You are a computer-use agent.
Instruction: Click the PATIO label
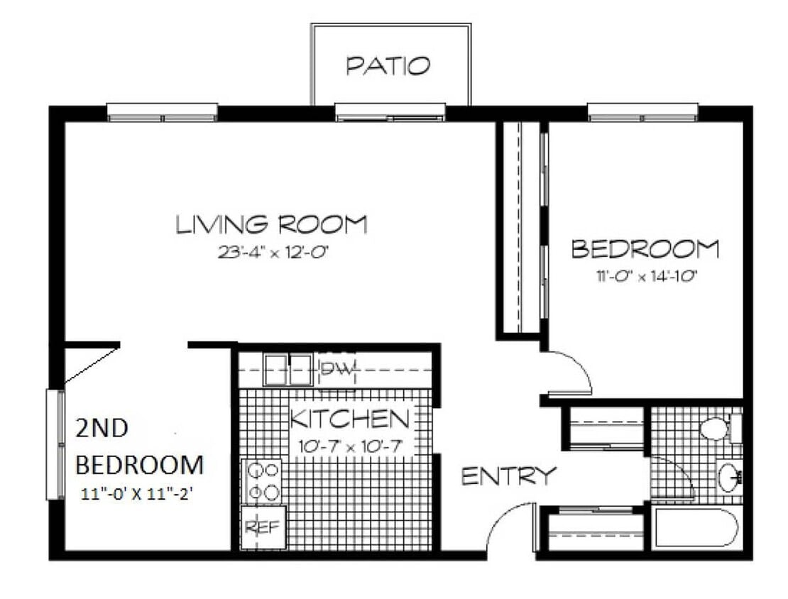388,66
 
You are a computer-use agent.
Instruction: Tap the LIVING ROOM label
272,224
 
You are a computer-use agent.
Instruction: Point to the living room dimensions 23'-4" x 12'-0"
273,251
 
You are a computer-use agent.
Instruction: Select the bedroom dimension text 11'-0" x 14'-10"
646,276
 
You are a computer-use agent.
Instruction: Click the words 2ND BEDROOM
139,446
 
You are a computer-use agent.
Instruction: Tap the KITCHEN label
350,419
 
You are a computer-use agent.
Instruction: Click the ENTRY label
509,476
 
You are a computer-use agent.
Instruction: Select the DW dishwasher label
338,368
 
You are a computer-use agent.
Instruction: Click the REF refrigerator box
263,527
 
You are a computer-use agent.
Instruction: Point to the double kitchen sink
288,370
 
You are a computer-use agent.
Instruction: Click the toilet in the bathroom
721,429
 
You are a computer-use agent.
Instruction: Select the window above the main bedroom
642,112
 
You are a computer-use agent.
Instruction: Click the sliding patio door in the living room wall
390,112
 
